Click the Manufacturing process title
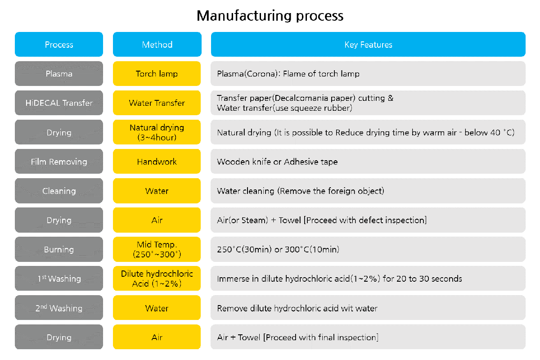click(270, 16)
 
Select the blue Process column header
click(59, 45)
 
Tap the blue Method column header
click(157, 45)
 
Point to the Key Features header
click(368, 45)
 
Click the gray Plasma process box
click(59, 73)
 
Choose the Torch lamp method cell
click(157, 73)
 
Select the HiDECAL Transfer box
click(59, 103)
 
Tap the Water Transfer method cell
click(157, 103)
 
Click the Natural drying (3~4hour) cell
click(157, 132)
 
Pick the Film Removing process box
click(59, 161)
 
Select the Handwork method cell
click(157, 161)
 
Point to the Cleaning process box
click(59, 191)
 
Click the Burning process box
click(59, 249)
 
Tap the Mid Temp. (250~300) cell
click(157, 249)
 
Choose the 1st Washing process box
click(59, 279)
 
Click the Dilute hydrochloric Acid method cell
click(157, 279)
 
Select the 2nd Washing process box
click(59, 308)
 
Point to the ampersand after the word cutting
click(391, 98)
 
